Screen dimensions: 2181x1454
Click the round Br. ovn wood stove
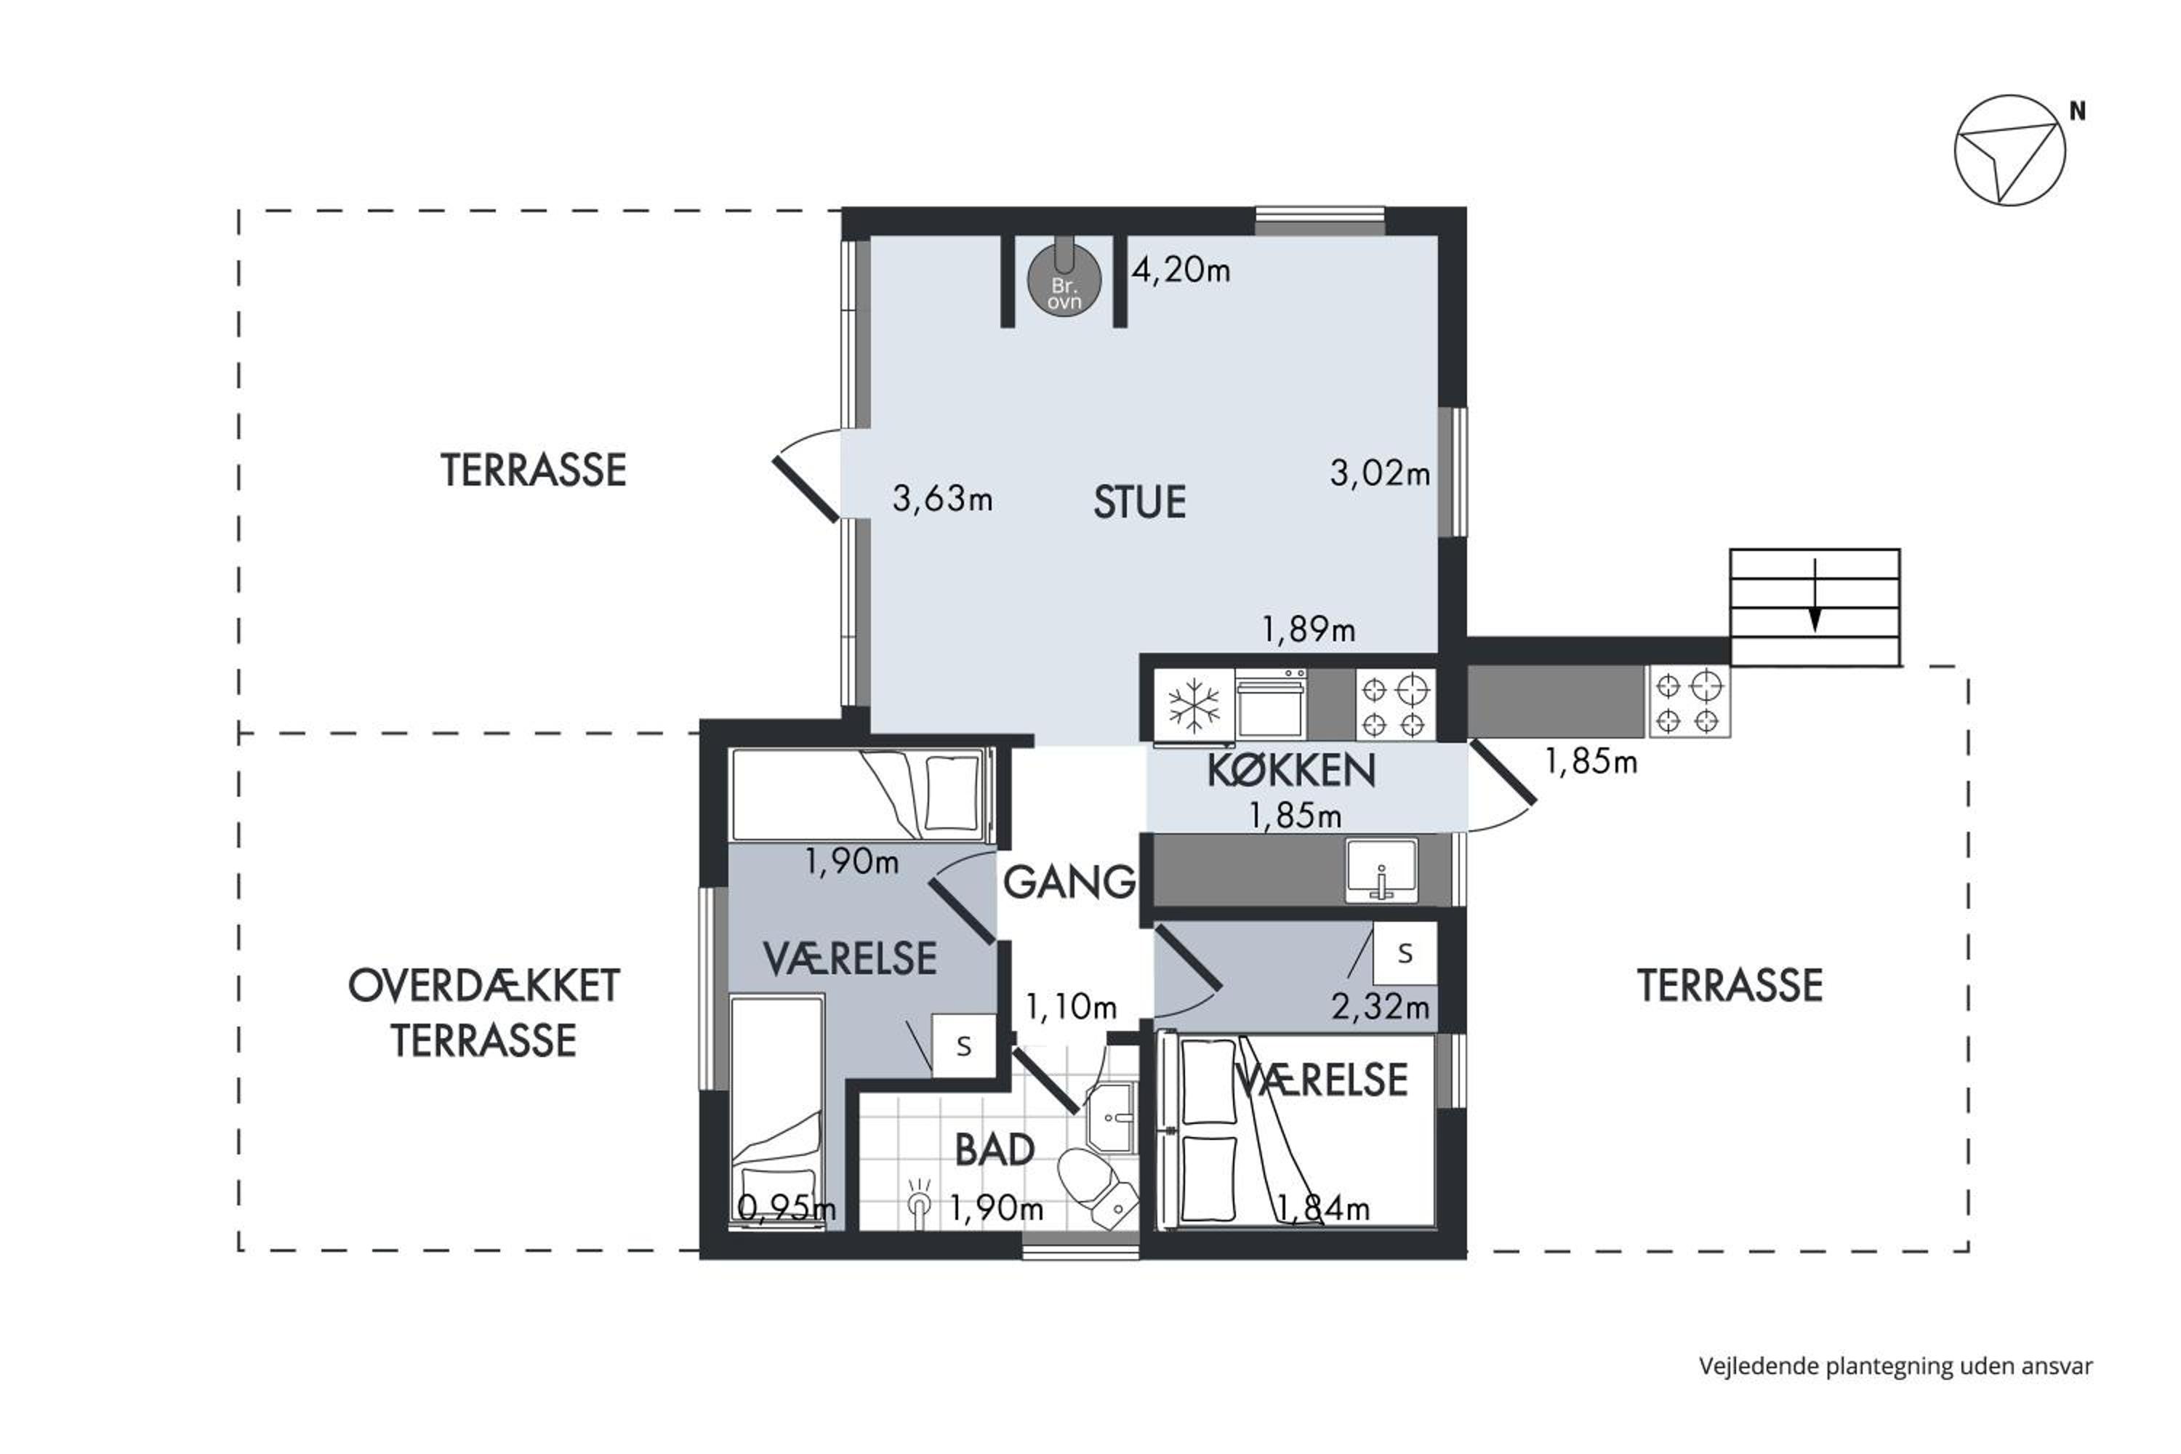point(1064,281)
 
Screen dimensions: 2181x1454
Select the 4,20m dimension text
point(1181,270)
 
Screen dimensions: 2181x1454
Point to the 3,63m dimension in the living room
point(942,499)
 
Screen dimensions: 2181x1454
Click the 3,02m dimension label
point(1380,473)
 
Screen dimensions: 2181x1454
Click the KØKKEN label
point(1291,771)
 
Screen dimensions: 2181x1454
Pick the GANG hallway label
point(1069,882)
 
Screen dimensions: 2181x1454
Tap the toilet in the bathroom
point(1097,1189)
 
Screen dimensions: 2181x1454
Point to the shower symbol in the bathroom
point(919,1205)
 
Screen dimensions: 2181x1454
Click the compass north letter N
point(2078,111)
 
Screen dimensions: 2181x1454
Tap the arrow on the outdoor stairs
point(1815,595)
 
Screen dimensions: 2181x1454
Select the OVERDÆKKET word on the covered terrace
point(484,987)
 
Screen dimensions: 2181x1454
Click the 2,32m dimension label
point(1380,1007)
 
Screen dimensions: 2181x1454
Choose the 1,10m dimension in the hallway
point(1071,1007)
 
